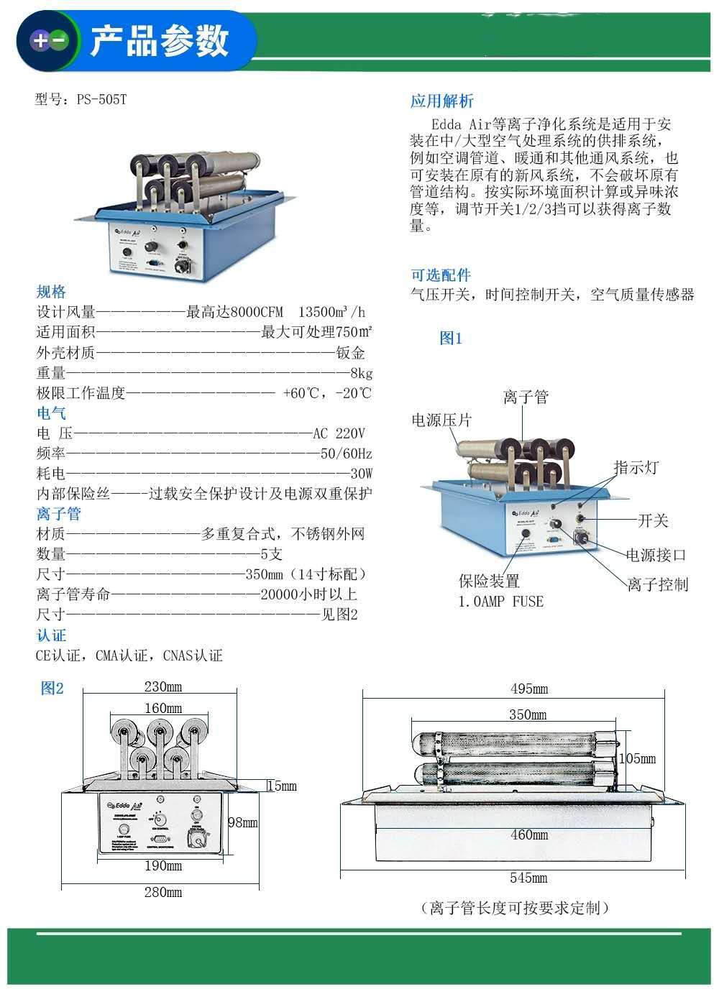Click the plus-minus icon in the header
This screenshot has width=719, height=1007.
coord(48,41)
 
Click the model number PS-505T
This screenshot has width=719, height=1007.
coord(101,99)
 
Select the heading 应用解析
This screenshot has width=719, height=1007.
coord(441,101)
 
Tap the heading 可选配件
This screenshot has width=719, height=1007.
coord(441,275)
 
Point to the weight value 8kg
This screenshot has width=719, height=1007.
coord(361,373)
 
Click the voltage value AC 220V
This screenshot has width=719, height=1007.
coord(339,433)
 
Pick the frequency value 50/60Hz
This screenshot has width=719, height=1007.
coord(346,454)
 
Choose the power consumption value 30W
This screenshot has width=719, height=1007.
coord(361,474)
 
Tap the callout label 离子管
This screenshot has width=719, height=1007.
coord(526,397)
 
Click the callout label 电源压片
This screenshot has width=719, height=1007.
coord(441,420)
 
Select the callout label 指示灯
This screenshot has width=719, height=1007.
coord(636,467)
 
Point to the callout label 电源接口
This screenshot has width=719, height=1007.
coord(656,554)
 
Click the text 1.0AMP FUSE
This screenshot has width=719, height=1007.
coord(501,602)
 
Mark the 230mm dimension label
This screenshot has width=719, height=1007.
coord(163,686)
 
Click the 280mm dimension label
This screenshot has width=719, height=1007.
coord(163,892)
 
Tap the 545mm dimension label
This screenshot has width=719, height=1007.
coord(528,878)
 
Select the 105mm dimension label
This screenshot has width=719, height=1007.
coord(637,758)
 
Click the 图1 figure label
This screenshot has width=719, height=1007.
coord(451,338)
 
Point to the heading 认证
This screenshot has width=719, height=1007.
coord(51,635)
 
